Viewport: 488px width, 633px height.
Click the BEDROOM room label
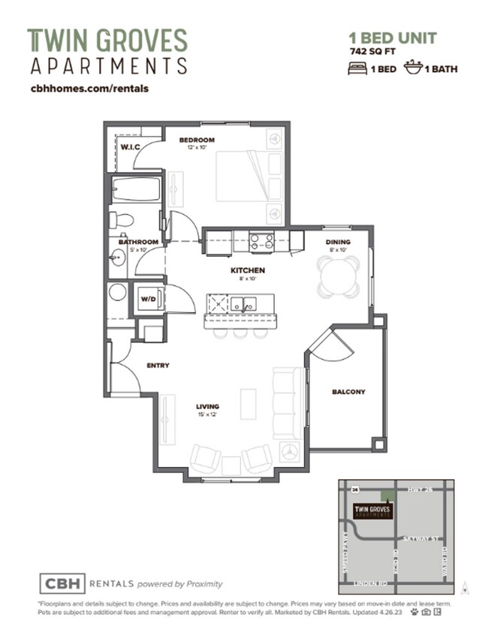point(197,140)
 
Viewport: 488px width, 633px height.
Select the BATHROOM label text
point(139,242)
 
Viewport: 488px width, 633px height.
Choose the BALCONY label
point(348,391)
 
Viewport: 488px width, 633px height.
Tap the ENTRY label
point(158,366)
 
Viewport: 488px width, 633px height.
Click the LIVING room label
point(207,406)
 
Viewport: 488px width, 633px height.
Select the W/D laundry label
point(147,299)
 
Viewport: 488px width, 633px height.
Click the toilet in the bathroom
point(121,220)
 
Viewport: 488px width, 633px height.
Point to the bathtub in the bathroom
point(136,189)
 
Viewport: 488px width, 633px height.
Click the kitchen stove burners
point(261,241)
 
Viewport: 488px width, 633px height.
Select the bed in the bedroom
point(248,176)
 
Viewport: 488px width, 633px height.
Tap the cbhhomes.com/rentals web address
point(88,88)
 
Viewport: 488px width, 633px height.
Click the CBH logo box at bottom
point(62,583)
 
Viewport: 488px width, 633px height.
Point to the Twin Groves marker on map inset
point(375,510)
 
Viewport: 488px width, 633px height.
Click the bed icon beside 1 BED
point(357,68)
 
